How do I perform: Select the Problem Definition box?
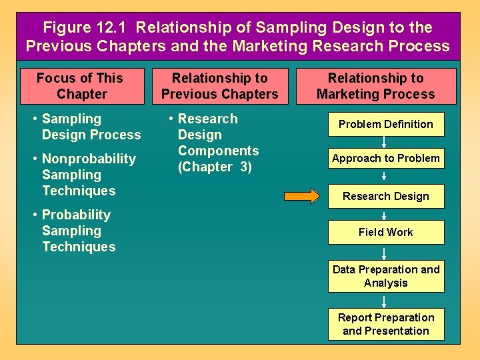point(385,124)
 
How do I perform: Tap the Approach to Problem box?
point(385,159)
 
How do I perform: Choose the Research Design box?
point(385,196)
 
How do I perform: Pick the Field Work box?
point(385,232)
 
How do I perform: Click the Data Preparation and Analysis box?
point(385,276)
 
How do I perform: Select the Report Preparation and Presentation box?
point(385,324)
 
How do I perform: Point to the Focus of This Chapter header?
point(81,86)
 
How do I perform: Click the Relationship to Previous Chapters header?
point(219,86)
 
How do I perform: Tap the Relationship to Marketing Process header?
point(375,86)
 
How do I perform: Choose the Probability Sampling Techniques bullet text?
point(77,231)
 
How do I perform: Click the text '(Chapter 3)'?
point(215,167)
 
